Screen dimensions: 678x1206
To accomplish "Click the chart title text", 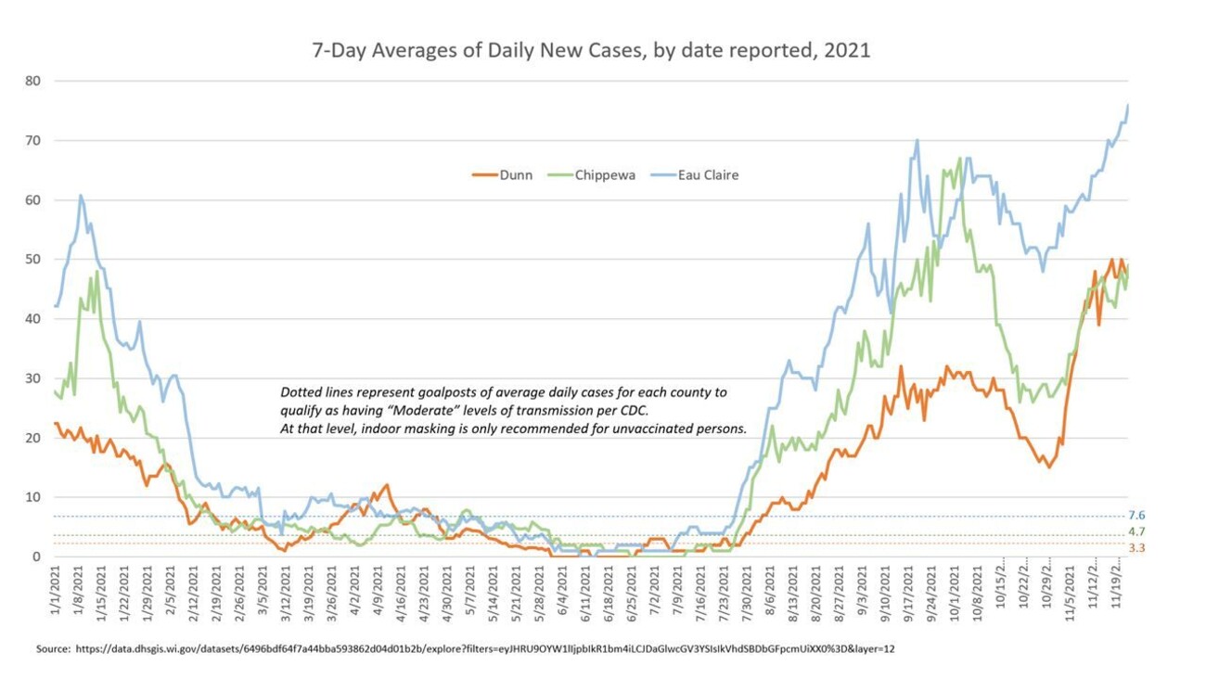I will pos(592,51).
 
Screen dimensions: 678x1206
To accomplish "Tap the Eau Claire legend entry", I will pos(707,174).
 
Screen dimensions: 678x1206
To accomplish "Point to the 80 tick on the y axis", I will pos(33,81).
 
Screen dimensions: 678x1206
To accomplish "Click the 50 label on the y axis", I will pos(33,259).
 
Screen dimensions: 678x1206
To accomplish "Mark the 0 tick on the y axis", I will pos(37,556).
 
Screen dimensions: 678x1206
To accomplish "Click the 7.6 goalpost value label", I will pos(1136,516).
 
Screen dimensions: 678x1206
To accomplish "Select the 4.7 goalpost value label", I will pos(1136,531).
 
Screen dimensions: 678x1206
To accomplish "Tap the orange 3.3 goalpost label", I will pos(1136,549).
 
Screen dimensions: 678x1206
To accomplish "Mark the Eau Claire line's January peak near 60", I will pos(82,196).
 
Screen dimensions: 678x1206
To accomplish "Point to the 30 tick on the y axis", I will pos(33,378).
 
